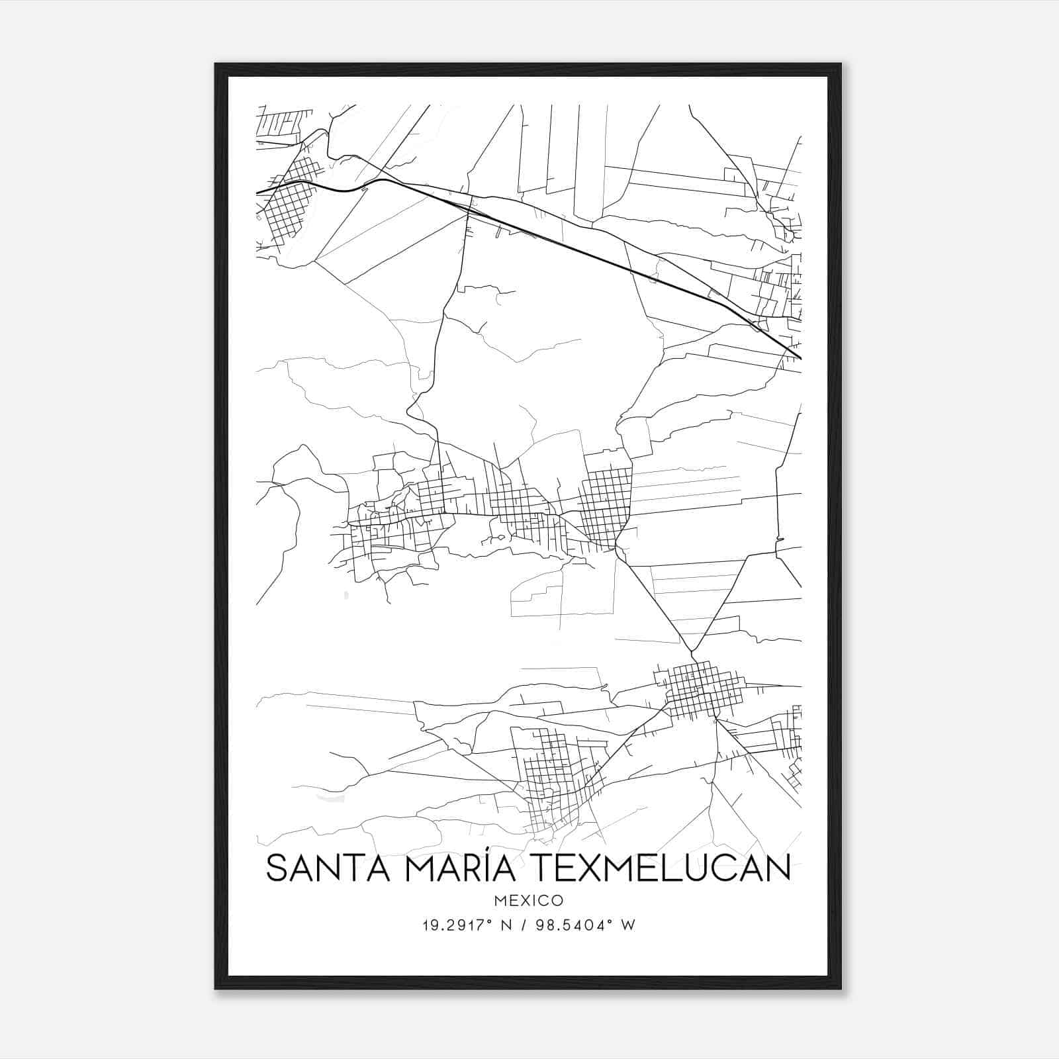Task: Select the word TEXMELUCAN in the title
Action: (x=657, y=868)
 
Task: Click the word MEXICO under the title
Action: (x=528, y=900)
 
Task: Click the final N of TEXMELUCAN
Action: (x=778, y=868)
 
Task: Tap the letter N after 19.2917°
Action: (x=508, y=925)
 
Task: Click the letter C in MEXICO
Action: (x=546, y=900)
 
